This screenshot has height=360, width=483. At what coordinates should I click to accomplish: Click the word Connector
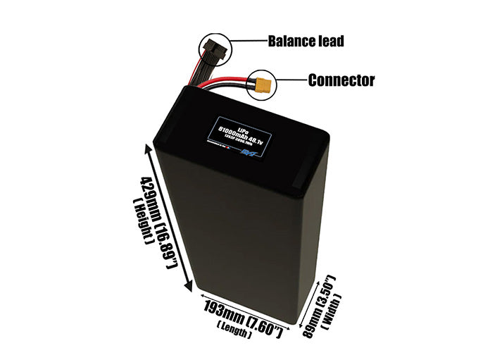(x=341, y=80)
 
